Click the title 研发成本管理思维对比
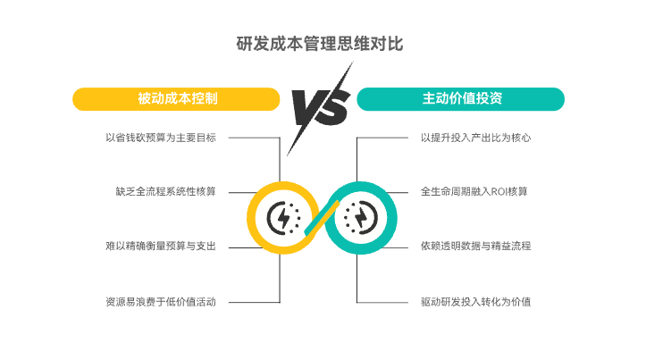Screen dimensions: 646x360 [323, 43]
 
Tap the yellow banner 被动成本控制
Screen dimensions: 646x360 [177, 98]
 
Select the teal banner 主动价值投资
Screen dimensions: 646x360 [461, 98]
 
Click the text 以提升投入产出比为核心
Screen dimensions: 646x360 [476, 138]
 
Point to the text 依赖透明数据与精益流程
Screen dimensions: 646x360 [476, 246]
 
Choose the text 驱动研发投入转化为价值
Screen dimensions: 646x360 [476, 301]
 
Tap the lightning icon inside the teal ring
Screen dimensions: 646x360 [361, 217]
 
